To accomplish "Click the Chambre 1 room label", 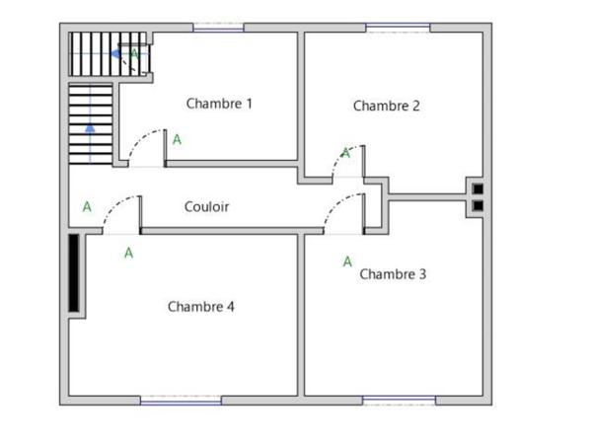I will point(219,104).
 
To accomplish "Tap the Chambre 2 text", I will point(387,106).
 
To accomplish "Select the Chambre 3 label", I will point(393,274).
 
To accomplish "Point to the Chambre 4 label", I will point(201,307).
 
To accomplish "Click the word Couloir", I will point(207,207).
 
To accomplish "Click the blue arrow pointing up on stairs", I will point(90,126).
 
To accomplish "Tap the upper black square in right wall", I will point(478,188).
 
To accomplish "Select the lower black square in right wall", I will point(478,206).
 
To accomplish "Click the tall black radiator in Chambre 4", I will point(75,273).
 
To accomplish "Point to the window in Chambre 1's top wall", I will point(218,29).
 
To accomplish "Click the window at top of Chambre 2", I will point(399,29).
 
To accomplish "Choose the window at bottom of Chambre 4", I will point(181,401).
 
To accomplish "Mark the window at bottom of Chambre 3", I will point(399,401).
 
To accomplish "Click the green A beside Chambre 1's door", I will point(177,140).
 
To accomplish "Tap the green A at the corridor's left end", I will point(87,207).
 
